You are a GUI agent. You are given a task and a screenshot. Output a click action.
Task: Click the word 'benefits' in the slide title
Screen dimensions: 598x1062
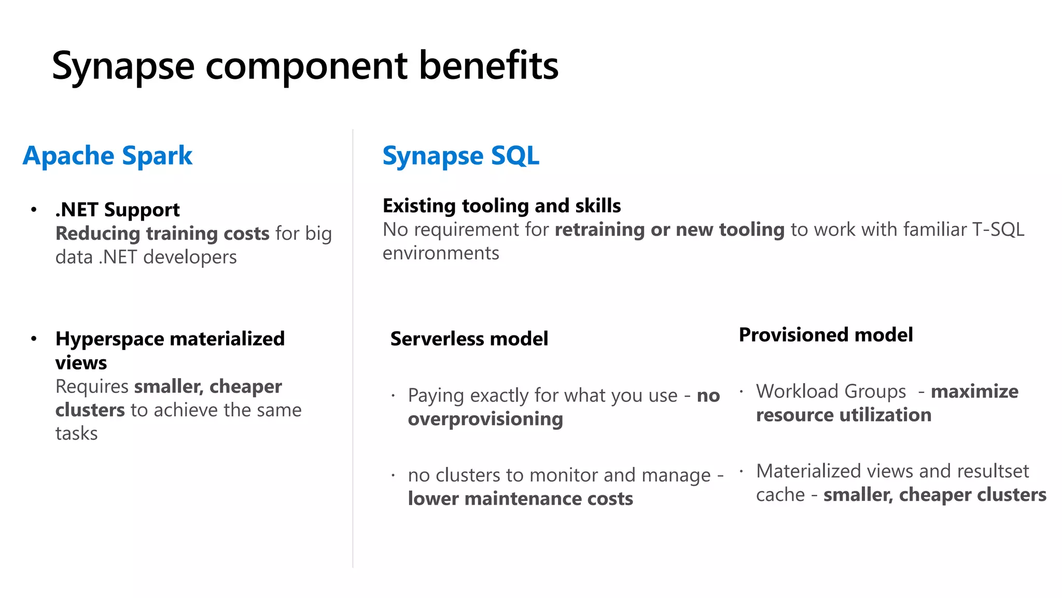[488, 65]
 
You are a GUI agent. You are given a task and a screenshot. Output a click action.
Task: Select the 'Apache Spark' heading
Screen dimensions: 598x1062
[107, 156]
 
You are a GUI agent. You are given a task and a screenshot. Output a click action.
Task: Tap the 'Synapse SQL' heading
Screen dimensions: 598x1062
[460, 156]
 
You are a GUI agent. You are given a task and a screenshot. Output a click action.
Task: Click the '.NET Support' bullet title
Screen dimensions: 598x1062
[118, 210]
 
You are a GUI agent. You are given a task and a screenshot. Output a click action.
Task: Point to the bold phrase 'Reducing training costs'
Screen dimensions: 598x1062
[162, 234]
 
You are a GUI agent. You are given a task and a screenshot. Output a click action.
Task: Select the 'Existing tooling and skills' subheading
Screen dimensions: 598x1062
[501, 206]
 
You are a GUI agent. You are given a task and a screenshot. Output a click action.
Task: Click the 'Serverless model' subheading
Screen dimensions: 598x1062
[469, 339]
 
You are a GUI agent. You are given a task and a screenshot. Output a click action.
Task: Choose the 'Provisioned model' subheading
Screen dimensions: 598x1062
[826, 335]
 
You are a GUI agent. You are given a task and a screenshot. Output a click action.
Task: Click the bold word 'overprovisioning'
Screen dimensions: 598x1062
[485, 419]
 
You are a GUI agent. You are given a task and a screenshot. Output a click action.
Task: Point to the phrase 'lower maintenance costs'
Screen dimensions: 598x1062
[520, 499]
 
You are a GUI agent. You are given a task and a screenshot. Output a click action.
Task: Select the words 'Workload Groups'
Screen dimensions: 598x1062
[831, 391]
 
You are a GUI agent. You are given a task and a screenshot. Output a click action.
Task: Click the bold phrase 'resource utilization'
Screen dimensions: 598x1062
[844, 415]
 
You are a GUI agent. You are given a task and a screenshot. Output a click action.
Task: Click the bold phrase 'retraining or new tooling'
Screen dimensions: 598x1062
[669, 229]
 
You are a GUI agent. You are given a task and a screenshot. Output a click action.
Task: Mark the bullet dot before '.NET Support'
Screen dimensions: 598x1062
[34, 210]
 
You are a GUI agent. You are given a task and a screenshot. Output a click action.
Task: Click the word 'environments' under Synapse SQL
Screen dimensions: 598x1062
[441, 253]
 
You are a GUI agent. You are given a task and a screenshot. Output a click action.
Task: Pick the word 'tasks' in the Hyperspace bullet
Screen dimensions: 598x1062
[76, 433]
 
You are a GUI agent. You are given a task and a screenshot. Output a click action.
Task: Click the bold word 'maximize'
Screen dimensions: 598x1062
[974, 391]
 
